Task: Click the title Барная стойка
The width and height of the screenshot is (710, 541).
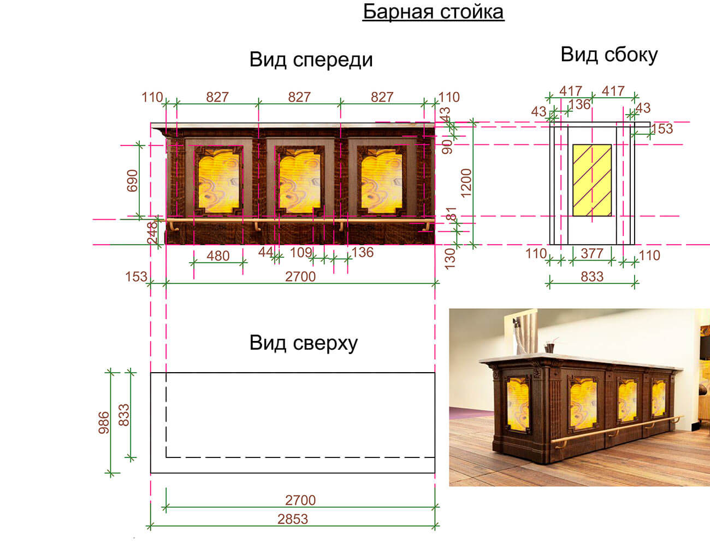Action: (x=433, y=12)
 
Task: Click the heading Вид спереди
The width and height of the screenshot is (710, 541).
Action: (x=311, y=60)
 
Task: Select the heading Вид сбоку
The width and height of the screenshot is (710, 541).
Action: (x=609, y=55)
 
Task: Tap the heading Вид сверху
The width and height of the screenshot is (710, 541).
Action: (x=304, y=343)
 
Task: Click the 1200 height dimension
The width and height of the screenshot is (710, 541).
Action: (x=466, y=183)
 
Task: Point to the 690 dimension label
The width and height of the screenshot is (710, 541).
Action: (x=132, y=181)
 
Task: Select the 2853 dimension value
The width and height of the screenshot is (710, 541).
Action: (x=293, y=519)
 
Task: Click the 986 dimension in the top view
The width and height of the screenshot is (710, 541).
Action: (x=104, y=422)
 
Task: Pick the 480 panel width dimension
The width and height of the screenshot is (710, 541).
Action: (x=218, y=256)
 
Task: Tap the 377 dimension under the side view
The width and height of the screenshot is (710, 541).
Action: (x=591, y=253)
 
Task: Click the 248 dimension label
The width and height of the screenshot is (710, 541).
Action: (x=152, y=232)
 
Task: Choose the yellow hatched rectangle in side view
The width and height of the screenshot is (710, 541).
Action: (x=592, y=180)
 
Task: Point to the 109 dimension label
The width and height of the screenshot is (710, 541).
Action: (x=300, y=252)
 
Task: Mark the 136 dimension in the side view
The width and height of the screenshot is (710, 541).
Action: (x=579, y=104)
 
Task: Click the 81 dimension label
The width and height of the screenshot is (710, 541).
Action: (x=451, y=214)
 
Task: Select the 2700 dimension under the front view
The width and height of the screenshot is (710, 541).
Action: (x=300, y=277)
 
